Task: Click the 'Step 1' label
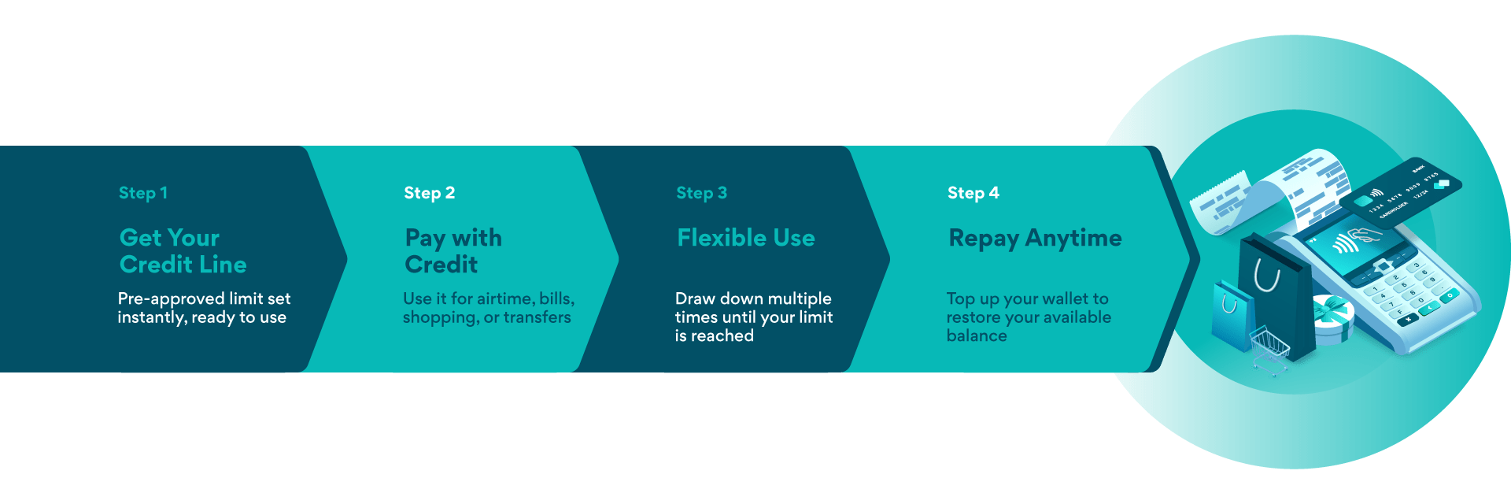coord(142,193)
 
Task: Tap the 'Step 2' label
coord(429,193)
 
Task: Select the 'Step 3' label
coord(701,193)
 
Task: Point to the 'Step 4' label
coord(973,193)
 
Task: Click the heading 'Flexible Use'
coord(745,238)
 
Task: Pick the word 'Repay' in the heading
coord(984,239)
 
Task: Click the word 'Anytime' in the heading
coord(1073,238)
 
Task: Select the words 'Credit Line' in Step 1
coord(183,265)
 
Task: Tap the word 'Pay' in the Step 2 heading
coord(425,239)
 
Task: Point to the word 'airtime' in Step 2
coord(504,299)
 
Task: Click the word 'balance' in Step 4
coord(976,336)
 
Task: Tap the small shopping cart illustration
coord(1269,350)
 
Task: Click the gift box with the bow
coord(1332,319)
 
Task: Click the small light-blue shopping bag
coord(1231,315)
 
